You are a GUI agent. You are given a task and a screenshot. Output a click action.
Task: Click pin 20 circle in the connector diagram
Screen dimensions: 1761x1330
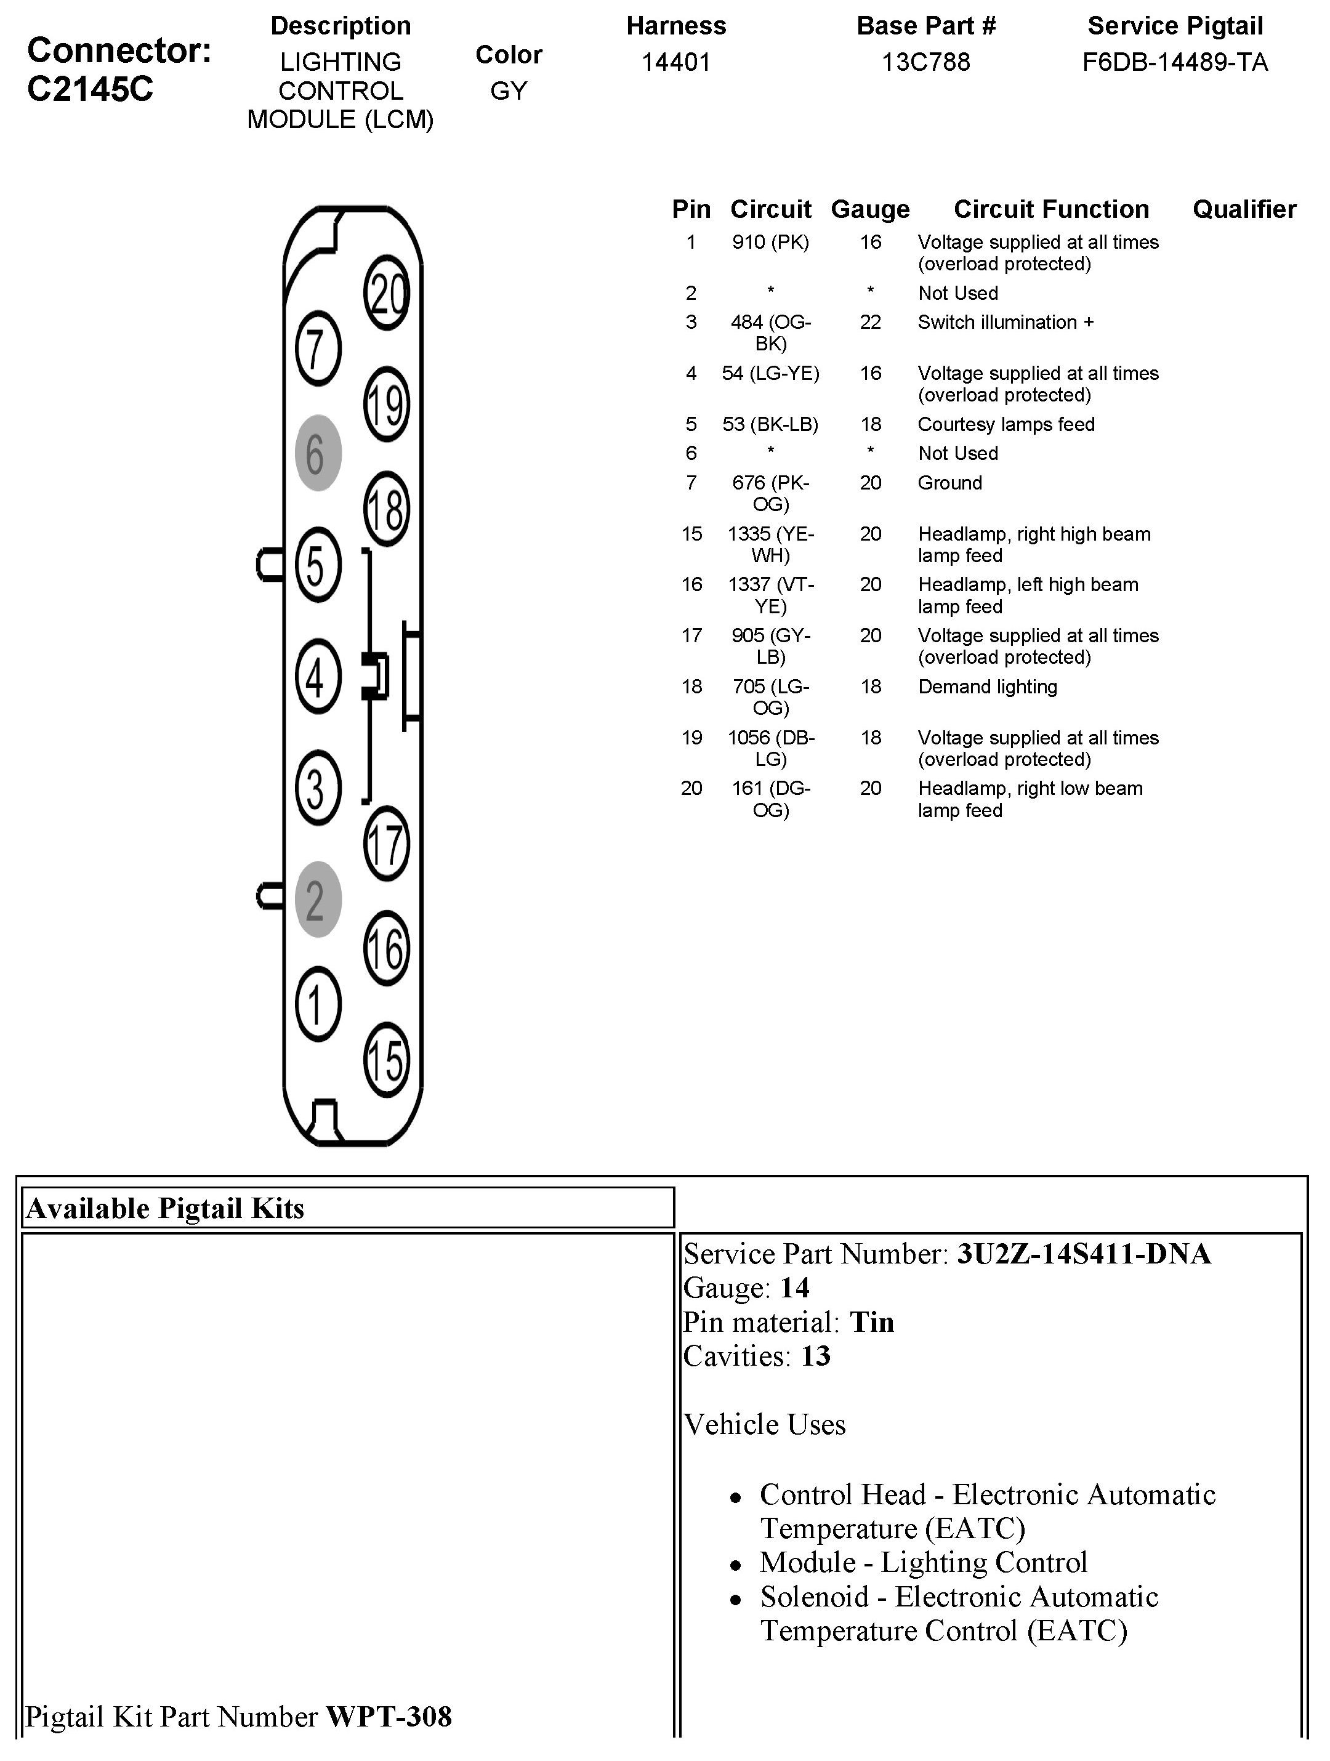click(x=387, y=293)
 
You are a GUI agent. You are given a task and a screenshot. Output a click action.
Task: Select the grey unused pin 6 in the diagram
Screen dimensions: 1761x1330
click(x=318, y=453)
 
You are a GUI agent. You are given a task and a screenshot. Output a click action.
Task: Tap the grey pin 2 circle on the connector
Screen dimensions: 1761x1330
click(x=318, y=899)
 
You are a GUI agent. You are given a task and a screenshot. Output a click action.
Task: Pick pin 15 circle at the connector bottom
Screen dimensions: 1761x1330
click(x=387, y=1059)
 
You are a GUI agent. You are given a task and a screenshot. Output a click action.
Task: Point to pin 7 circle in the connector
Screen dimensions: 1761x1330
click(x=318, y=349)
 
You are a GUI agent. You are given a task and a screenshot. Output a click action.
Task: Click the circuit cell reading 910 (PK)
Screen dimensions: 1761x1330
click(x=770, y=242)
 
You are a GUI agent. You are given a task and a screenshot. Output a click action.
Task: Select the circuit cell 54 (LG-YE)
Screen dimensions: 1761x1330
click(x=770, y=373)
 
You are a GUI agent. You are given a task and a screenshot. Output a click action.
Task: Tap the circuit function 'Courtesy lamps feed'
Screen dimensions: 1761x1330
click(x=1006, y=424)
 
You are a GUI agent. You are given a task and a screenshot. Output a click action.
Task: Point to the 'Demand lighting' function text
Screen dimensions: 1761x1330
click(x=987, y=687)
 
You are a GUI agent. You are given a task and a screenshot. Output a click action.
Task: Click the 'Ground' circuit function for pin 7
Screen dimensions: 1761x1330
click(x=949, y=483)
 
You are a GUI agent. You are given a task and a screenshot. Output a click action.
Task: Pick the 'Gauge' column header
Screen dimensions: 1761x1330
click(x=870, y=209)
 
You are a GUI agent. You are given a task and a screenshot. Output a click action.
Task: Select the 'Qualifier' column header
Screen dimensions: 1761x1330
click(x=1244, y=209)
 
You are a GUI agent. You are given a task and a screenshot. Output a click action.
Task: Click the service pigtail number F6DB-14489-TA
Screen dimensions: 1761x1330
click(x=1175, y=62)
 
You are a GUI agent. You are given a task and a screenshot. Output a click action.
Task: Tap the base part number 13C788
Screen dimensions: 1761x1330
click(x=925, y=62)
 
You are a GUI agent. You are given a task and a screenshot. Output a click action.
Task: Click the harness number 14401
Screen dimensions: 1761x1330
click(x=675, y=62)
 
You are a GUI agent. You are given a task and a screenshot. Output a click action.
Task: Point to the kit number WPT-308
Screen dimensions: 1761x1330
click(x=389, y=1717)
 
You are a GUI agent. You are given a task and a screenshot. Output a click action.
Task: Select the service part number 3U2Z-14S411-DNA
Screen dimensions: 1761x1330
click(x=1083, y=1254)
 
